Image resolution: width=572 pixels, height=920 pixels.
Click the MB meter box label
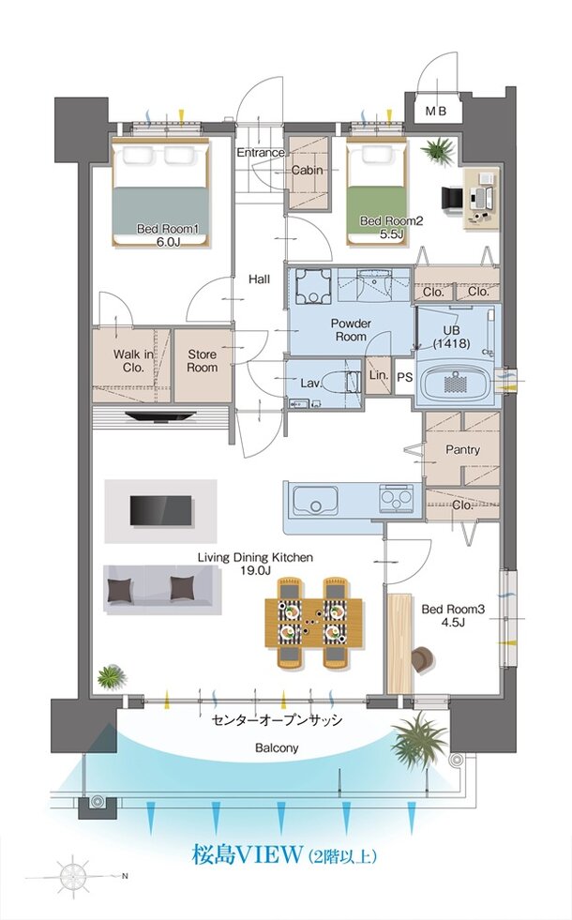[436, 111]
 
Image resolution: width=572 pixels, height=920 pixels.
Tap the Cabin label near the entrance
[307, 170]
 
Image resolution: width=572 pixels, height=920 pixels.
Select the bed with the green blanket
[376, 193]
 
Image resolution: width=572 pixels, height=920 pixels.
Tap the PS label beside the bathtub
[405, 377]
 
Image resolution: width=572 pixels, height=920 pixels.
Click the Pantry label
[462, 450]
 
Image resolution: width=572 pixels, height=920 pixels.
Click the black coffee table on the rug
[160, 510]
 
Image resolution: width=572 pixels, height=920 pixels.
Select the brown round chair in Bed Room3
[422, 660]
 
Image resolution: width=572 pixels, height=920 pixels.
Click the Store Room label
[202, 361]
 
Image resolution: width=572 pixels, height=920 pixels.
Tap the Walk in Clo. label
[133, 361]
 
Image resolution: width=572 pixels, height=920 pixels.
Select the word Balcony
[277, 748]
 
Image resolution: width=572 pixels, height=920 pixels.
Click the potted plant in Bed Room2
[438, 151]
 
